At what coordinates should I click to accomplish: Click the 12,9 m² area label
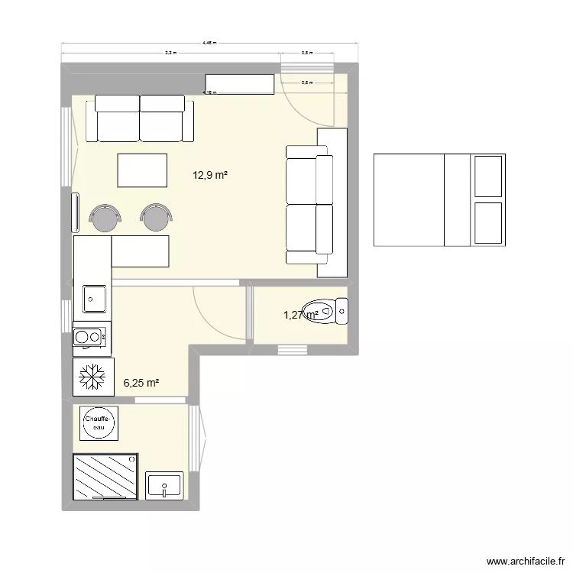click(x=211, y=175)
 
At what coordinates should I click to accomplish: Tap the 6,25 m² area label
click(x=141, y=384)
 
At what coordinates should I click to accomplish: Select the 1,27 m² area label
click(x=300, y=314)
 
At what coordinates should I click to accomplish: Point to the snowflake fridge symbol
click(x=92, y=376)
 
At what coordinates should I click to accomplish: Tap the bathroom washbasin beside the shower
click(x=164, y=485)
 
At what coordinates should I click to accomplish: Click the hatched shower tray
click(x=105, y=477)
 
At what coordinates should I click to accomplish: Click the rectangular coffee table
click(x=142, y=170)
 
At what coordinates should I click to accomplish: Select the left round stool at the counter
click(x=105, y=217)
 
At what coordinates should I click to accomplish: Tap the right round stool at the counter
click(x=156, y=217)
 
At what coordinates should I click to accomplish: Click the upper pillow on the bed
click(x=487, y=176)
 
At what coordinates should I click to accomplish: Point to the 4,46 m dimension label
click(x=209, y=44)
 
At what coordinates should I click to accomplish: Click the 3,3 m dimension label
click(x=170, y=53)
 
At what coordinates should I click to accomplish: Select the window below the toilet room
click(x=293, y=350)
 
